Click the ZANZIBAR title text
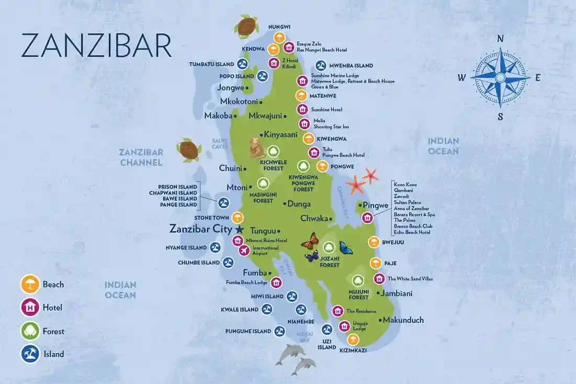pyautogui.click(x=96, y=46)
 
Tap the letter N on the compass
pyautogui.click(x=500, y=38)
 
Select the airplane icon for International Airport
pyautogui.click(x=244, y=251)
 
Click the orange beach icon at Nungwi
pyautogui.click(x=279, y=37)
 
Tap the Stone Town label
pyautogui.click(x=210, y=217)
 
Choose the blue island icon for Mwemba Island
pyautogui.click(x=321, y=66)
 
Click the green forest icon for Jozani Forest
pyautogui.click(x=329, y=247)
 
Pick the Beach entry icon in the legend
pyautogui.click(x=30, y=284)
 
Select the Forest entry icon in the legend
pyautogui.click(x=30, y=331)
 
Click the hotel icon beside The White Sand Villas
pyautogui.click(x=379, y=279)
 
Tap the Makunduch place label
pyautogui.click(x=403, y=320)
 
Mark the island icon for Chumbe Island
pyautogui.click(x=228, y=263)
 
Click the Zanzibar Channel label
pyautogui.click(x=141, y=157)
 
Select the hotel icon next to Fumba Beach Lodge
pyautogui.click(x=277, y=283)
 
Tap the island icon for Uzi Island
pyautogui.click(x=327, y=330)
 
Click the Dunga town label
pyautogui.click(x=299, y=204)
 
